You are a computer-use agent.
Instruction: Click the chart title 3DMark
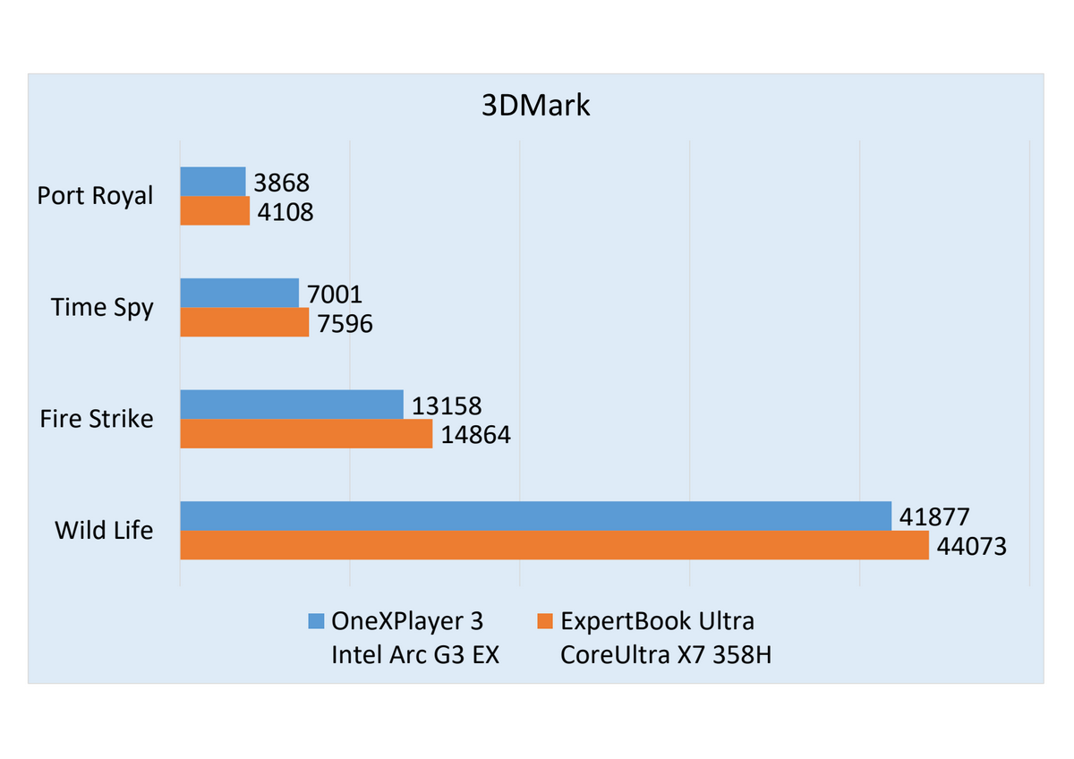535,105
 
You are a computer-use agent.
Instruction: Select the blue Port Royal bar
213,182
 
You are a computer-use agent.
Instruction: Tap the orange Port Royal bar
215,210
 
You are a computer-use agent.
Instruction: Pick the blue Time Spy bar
239,293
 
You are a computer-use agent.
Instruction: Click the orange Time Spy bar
244,322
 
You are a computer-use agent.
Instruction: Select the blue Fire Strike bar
292,405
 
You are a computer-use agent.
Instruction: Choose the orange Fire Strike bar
306,433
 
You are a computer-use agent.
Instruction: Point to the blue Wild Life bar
535,516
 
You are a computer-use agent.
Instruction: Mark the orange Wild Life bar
554,545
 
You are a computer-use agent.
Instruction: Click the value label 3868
281,183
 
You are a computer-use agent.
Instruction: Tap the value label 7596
345,324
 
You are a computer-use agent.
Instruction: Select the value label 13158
447,406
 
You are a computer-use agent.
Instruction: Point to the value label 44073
971,547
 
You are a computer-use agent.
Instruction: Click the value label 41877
934,517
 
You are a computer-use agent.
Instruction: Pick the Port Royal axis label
95,196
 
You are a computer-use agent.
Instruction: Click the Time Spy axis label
102,308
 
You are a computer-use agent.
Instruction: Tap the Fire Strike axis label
97,419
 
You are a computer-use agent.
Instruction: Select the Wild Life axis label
104,530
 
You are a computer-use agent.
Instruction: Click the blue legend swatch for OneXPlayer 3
316,621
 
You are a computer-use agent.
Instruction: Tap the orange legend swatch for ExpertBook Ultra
545,621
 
